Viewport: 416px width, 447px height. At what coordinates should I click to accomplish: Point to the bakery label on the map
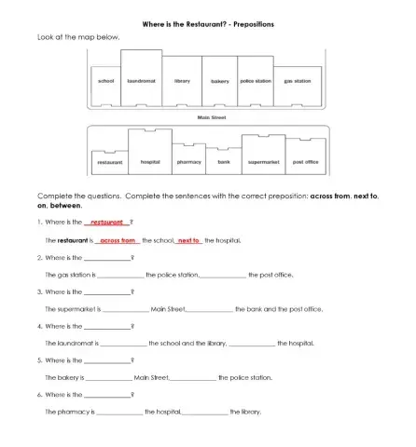(220, 82)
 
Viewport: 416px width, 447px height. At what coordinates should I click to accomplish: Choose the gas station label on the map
(298, 82)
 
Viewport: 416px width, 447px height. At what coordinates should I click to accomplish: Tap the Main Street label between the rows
(212, 117)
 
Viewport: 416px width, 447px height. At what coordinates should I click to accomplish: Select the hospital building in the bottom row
(149, 154)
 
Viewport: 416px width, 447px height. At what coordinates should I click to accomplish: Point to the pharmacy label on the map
(189, 162)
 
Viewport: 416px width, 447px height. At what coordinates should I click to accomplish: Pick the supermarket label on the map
(264, 162)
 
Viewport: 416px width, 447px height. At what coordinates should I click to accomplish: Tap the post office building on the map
(305, 161)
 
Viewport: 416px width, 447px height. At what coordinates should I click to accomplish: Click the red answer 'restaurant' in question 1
(106, 223)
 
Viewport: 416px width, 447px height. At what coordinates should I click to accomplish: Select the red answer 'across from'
(118, 240)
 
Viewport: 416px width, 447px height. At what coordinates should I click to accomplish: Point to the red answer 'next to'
(189, 240)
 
